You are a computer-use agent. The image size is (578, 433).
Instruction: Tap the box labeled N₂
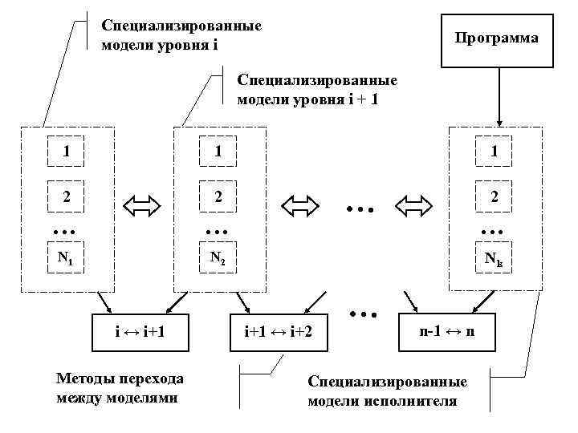(218, 259)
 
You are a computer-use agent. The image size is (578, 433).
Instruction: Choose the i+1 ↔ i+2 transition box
(277, 330)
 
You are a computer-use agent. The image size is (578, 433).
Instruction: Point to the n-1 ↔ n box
(446, 330)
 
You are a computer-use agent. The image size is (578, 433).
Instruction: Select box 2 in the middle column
(218, 196)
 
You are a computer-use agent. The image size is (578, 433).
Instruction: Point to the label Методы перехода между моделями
(120, 388)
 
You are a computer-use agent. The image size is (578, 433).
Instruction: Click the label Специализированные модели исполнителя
(388, 391)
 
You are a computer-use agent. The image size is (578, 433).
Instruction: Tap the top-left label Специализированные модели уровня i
(181, 34)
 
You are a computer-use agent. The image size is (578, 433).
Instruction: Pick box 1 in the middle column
(218, 151)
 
